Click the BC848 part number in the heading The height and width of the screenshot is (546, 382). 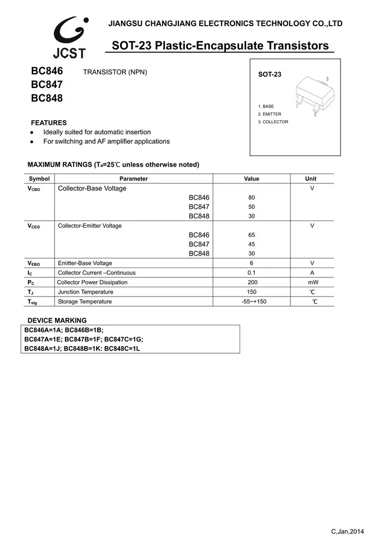[x=46, y=99]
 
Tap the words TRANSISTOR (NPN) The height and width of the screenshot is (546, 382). [x=115, y=72]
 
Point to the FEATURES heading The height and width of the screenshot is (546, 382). [x=49, y=123]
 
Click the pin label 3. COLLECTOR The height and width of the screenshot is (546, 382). [x=273, y=122]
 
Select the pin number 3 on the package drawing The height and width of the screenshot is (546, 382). [x=327, y=80]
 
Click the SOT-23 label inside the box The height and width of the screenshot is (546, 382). [x=270, y=74]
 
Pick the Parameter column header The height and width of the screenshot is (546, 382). [x=134, y=179]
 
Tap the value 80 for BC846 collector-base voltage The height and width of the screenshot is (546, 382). [x=252, y=198]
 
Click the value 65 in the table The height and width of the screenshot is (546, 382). [x=252, y=235]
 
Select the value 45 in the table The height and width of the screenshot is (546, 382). [x=252, y=244]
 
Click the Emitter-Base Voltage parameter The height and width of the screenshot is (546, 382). [x=85, y=263]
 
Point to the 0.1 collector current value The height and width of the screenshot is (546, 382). [x=252, y=272]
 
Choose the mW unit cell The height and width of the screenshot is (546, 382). [x=313, y=282]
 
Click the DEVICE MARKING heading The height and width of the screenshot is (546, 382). [x=57, y=321]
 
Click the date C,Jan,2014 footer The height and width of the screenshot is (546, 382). [x=347, y=531]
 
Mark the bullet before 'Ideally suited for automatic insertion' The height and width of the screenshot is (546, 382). [x=32, y=133]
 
